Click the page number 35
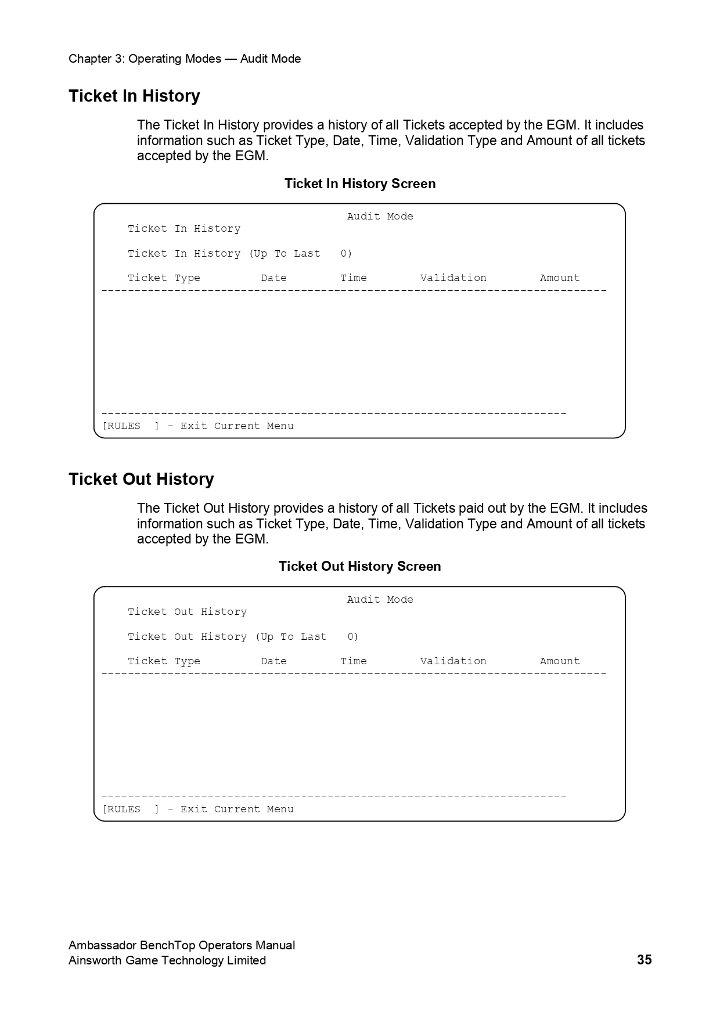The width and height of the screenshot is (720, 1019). point(644,960)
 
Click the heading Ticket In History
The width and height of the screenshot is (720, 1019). point(134,96)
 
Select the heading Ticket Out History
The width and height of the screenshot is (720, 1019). point(141,479)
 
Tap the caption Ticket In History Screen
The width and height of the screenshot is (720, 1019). point(360,183)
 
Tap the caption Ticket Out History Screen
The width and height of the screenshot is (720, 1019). point(360,566)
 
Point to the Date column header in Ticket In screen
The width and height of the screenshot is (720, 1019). point(273,278)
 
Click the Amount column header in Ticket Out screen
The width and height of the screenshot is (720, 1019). point(560,661)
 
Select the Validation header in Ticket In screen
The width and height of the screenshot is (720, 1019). point(453,278)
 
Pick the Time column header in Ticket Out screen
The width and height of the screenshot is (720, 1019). point(353,661)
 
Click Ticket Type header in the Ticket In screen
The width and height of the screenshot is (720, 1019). point(164,278)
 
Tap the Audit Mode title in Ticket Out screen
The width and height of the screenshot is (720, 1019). point(380,600)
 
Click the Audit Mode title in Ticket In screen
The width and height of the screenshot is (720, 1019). point(380,217)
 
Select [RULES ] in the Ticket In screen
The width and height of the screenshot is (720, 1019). point(130,426)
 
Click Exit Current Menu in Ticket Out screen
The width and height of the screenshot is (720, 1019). point(237,809)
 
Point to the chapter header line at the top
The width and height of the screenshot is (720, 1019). point(185,59)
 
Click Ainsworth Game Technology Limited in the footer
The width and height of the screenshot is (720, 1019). point(167,960)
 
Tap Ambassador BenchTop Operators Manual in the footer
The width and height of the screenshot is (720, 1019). point(182,945)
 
